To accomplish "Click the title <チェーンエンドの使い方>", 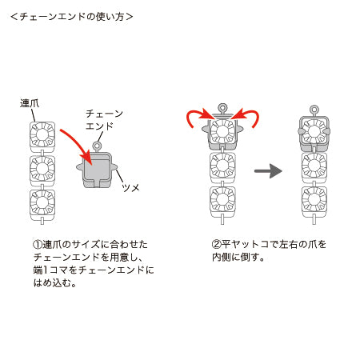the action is tap(71, 17).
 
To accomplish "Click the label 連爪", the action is tap(30, 103).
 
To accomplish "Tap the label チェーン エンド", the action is tap(104, 120).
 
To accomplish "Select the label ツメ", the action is tap(130, 188).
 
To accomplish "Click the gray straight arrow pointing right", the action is tap(268, 171).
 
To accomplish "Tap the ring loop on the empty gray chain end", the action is tap(97, 146).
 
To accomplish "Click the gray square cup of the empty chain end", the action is tap(97, 170).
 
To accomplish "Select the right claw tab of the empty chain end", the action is tap(114, 167).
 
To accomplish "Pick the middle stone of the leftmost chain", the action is tap(42, 169).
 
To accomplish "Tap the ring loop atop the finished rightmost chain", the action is tap(314, 110).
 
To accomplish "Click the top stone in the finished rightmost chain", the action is tap(314, 132).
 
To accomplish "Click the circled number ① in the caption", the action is tap(38, 245).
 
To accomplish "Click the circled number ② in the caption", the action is tap(217, 245).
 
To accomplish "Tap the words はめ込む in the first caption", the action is tap(55, 283).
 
